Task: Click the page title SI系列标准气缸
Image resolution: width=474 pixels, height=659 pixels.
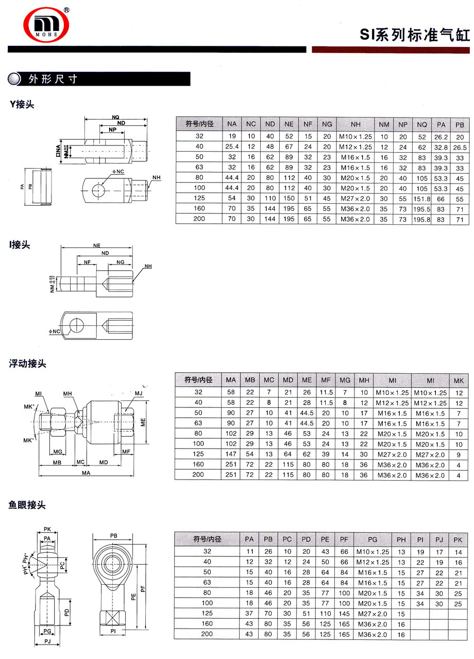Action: pyautogui.click(x=415, y=36)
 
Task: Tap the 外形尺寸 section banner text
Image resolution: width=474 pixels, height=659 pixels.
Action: pyautogui.click(x=53, y=79)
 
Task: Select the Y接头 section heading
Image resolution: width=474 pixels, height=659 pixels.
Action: pyautogui.click(x=22, y=104)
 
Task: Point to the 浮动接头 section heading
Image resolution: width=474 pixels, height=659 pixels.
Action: pyautogui.click(x=27, y=364)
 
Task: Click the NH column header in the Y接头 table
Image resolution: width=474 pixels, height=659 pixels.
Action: pyautogui.click(x=355, y=124)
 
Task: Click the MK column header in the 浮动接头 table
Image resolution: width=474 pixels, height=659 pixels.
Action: pyautogui.click(x=459, y=380)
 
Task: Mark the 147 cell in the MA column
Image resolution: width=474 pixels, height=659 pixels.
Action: pyautogui.click(x=231, y=454)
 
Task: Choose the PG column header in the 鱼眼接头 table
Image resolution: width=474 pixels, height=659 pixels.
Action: pyautogui.click(x=372, y=539)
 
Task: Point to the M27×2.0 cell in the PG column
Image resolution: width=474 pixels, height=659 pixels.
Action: pyautogui.click(x=372, y=613)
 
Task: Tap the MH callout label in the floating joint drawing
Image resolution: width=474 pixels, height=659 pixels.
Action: pyautogui.click(x=67, y=394)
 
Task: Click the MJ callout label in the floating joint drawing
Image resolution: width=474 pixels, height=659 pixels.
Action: pyautogui.click(x=138, y=394)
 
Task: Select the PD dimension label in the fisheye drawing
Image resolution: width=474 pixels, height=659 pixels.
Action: pyautogui.click(x=66, y=613)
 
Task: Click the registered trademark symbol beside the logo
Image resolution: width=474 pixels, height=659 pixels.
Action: pyautogui.click(x=66, y=10)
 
